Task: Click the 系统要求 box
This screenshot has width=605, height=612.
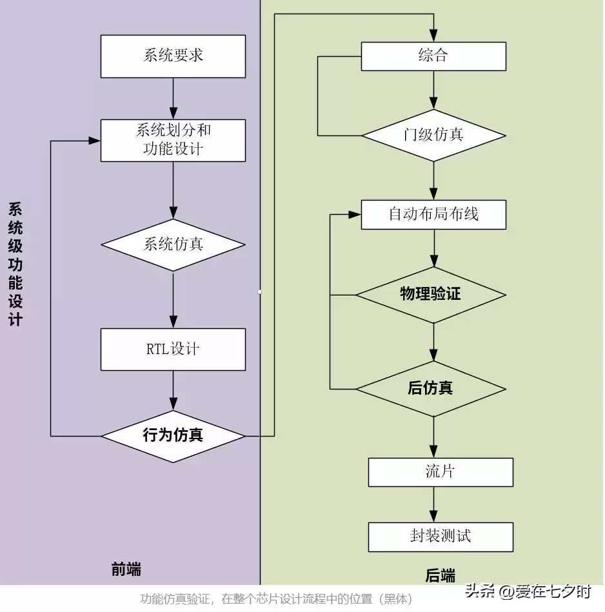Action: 173,56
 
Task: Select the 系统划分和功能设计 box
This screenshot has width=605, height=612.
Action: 173,140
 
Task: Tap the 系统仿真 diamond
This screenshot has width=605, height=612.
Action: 173,245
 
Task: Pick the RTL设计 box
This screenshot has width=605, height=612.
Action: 173,350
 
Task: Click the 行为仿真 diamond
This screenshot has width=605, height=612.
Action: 173,436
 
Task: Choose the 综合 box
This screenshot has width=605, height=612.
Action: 433,56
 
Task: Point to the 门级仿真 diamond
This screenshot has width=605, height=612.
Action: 433,135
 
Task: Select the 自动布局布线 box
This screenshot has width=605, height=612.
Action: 433,215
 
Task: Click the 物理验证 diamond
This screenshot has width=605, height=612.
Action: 430,295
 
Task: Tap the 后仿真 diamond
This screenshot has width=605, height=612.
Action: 430,388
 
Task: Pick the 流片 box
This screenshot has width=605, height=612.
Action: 441,472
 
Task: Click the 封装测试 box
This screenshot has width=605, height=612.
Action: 441,537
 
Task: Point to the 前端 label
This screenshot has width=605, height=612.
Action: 126,570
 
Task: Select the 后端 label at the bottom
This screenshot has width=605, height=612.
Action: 440,576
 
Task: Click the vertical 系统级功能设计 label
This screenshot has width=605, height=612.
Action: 15,264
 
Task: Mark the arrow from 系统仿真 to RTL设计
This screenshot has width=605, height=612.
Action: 173,300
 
